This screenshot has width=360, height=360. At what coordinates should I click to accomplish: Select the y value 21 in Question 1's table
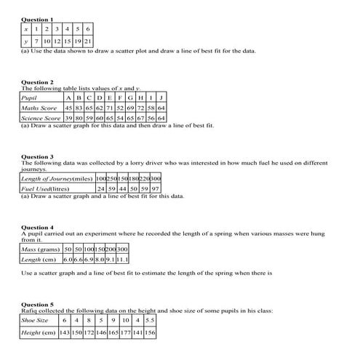click(x=88, y=41)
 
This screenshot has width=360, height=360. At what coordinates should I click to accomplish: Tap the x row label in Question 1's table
click(x=26, y=28)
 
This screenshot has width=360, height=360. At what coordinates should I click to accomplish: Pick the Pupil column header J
click(x=161, y=97)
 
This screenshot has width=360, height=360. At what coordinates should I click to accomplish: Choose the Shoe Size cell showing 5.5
click(x=150, y=320)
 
